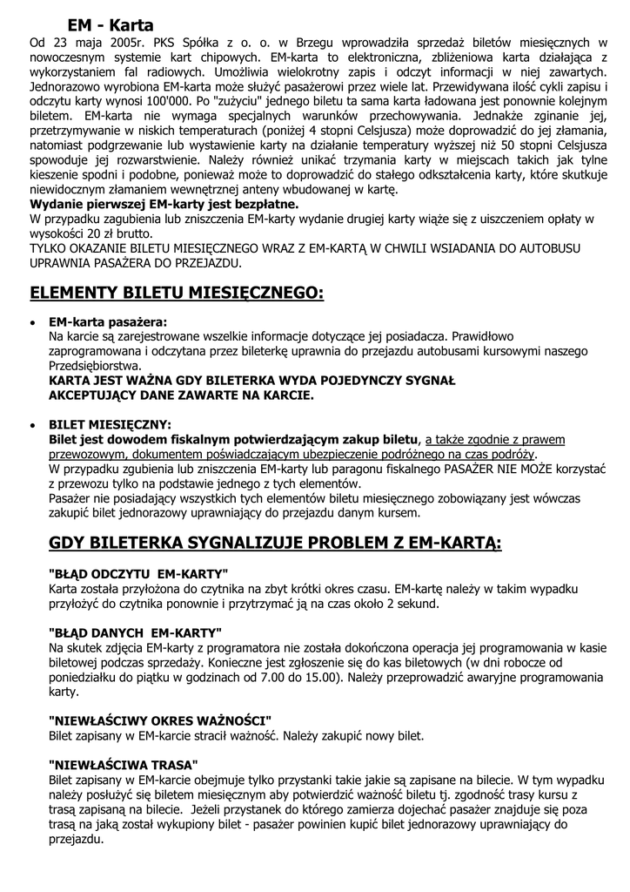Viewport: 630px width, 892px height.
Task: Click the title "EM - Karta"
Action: pyautogui.click(x=111, y=25)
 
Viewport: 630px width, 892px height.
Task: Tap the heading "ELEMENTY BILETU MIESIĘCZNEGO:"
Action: pyautogui.click(x=177, y=293)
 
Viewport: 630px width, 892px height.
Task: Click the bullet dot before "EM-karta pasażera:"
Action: pyautogui.click(x=33, y=323)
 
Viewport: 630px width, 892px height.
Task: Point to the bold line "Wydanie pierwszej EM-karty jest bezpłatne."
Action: pyautogui.click(x=164, y=204)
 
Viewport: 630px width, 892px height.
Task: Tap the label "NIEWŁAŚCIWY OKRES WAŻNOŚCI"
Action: pyautogui.click(x=160, y=720)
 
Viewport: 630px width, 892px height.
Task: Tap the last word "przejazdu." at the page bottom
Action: pyautogui.click(x=77, y=841)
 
